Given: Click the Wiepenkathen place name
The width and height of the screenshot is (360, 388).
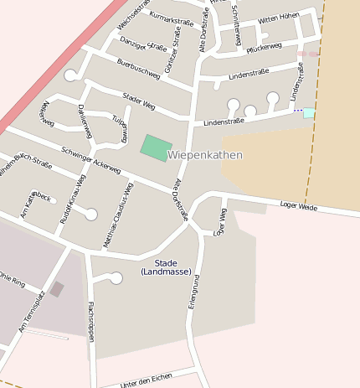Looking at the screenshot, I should click(205, 155).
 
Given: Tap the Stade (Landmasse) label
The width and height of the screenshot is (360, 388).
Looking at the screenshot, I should click(166, 267).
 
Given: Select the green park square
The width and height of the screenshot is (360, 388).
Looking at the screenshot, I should click(156, 147).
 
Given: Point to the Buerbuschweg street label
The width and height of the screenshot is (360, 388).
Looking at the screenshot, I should click(138, 69).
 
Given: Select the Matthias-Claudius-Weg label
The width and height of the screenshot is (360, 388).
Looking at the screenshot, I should click(118, 215).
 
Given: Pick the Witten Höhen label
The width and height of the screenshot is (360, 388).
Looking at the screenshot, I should click(278, 18).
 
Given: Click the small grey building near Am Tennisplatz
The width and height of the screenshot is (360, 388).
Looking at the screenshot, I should click(56, 289).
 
